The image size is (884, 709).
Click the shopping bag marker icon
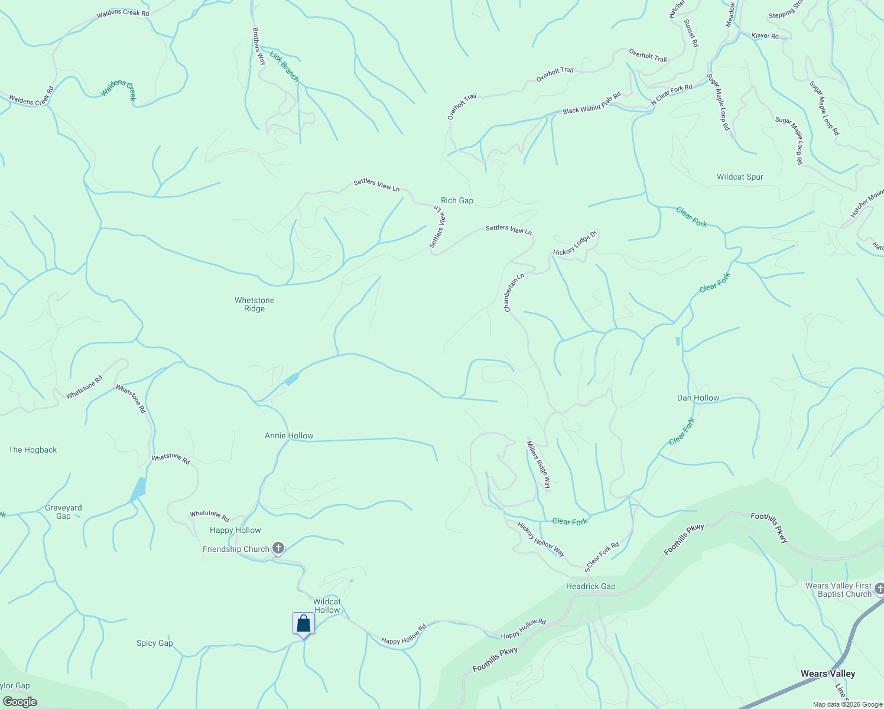click(303, 624)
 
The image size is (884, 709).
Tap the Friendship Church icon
click(278, 548)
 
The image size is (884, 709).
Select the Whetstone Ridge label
click(254, 304)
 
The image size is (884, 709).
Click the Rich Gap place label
click(457, 200)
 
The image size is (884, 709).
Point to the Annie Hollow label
click(289, 435)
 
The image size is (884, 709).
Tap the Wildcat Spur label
click(740, 177)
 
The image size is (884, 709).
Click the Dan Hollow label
click(698, 398)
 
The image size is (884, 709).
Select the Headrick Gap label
click(590, 586)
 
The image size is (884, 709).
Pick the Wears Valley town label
click(827, 674)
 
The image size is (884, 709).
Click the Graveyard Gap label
click(63, 512)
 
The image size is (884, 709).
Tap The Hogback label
click(32, 450)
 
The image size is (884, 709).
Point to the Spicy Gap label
click(154, 643)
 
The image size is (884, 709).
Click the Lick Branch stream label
click(284, 66)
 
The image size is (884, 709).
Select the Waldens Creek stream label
click(119, 90)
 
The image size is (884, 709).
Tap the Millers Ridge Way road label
click(539, 466)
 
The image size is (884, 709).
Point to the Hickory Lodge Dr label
click(576, 243)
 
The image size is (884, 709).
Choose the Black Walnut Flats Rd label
click(591, 103)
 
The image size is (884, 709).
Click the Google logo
click(19, 701)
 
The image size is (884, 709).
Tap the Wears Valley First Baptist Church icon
click(879, 588)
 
